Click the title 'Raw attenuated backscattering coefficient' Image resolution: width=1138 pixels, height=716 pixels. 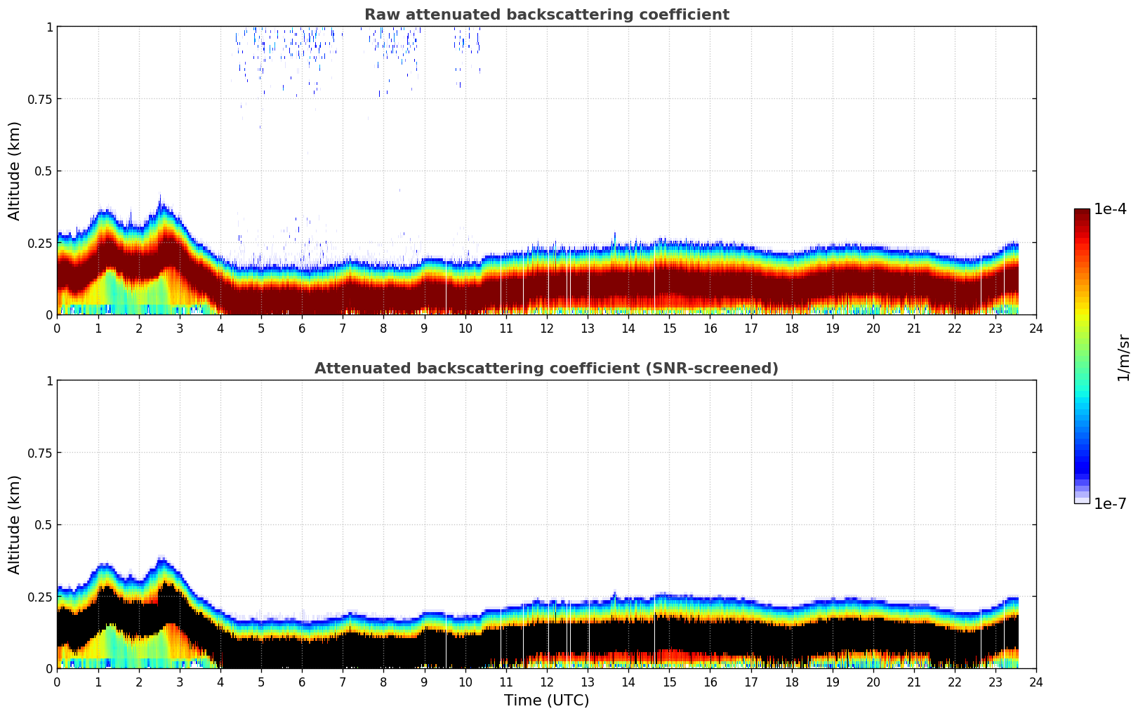(546, 15)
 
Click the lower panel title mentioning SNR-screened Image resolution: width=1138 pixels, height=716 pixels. (546, 369)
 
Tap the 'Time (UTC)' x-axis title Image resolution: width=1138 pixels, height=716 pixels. (546, 701)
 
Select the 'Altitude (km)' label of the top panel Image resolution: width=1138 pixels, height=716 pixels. (14, 171)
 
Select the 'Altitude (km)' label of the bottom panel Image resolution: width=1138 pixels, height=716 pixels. (14, 524)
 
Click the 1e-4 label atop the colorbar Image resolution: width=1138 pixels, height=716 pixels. (1110, 209)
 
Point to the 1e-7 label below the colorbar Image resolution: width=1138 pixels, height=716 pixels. (1110, 504)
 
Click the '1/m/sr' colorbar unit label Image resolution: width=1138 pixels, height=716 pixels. (1123, 358)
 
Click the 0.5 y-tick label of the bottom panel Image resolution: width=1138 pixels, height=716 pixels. (42, 525)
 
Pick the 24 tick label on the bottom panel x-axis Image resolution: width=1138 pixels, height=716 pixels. (1036, 682)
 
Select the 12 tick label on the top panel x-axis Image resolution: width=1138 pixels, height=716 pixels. (547, 329)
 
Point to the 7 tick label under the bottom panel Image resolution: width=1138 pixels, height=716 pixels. (343, 682)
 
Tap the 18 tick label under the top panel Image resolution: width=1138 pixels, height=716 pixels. (791, 329)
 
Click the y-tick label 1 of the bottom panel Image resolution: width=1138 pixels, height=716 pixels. (49, 381)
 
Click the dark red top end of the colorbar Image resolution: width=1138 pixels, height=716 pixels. (1081, 213)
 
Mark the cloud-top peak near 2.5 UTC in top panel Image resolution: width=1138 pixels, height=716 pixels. (161, 198)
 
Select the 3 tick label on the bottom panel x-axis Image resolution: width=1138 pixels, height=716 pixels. (180, 682)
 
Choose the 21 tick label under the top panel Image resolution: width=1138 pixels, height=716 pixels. (913, 329)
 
